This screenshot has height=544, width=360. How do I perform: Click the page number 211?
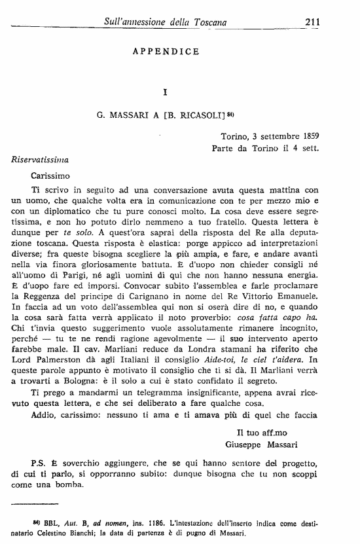pos(312,22)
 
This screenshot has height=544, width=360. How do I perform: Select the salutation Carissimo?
pos(52,175)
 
